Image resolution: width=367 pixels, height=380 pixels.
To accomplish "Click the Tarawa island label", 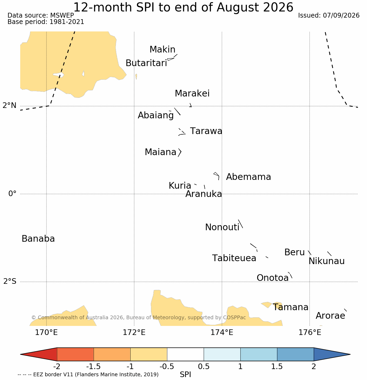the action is [206, 131].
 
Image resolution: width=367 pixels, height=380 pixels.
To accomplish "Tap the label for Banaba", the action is [38, 238].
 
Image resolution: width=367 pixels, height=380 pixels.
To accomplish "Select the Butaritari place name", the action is [146, 63].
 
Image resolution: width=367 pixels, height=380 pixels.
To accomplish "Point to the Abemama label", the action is [248, 177].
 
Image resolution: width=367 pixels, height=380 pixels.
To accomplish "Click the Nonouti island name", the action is [222, 227].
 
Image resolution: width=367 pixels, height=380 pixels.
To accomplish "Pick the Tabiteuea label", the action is [234, 258].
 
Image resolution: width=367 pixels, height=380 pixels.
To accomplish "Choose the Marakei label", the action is [192, 93].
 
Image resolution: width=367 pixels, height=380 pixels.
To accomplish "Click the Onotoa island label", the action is [273, 278].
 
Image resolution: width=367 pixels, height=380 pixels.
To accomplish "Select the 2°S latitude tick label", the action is [10, 281].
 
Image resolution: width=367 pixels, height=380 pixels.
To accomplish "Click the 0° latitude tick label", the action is [12, 193].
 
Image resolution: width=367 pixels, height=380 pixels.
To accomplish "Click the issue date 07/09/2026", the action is [341, 15].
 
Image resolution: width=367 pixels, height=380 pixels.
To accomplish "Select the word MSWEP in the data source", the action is [62, 15].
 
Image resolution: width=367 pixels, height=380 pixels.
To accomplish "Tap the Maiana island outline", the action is [180, 152].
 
